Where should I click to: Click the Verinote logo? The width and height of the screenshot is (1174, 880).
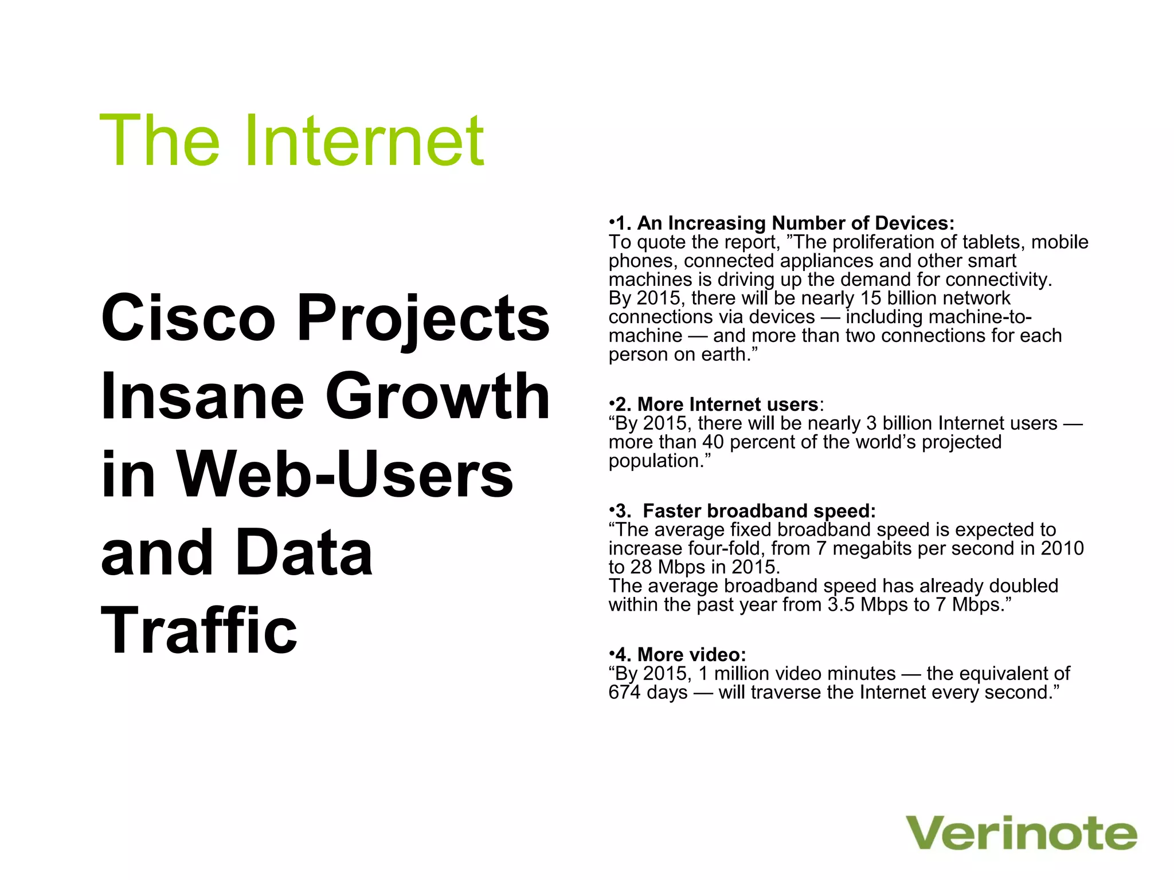tap(1021, 834)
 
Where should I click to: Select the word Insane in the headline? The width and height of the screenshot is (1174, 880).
tap(202, 396)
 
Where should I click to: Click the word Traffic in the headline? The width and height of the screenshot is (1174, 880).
tap(199, 631)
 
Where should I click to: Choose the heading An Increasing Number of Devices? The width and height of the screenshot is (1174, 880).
tap(795, 223)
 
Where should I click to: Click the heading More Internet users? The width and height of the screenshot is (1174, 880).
tap(727, 404)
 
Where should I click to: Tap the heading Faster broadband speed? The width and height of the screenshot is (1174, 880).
tap(758, 510)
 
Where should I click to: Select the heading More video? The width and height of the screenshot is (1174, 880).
tap(691, 654)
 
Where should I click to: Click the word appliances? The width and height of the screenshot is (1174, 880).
tap(827, 261)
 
